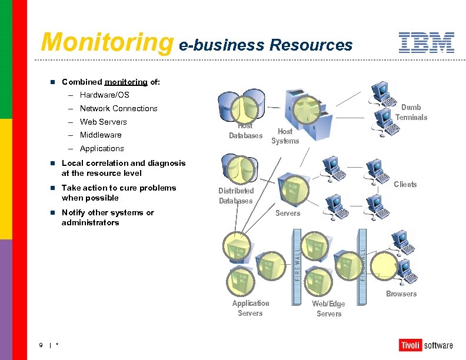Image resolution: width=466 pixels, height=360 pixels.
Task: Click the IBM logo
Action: (426, 42)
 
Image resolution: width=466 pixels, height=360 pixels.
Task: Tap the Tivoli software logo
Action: (426, 345)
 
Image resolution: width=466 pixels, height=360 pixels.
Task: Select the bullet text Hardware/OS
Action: (104, 95)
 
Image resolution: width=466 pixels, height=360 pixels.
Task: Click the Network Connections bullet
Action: (118, 108)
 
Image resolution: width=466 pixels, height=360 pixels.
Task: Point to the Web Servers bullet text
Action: (103, 122)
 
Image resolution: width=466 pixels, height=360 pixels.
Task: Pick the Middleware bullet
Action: (101, 135)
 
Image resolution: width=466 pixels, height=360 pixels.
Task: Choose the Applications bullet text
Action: (102, 148)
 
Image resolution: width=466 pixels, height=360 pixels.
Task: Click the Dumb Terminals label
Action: (411, 112)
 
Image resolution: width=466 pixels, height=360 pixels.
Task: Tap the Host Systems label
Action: (285, 136)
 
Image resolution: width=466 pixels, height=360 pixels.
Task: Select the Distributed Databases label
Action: (236, 195)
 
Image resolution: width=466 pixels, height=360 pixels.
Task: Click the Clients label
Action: (405, 184)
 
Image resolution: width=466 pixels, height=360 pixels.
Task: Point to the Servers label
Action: (288, 213)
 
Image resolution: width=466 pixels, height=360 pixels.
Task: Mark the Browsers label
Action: (401, 294)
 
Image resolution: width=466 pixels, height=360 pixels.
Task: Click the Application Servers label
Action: (250, 308)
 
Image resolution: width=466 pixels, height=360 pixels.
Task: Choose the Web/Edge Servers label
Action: (328, 308)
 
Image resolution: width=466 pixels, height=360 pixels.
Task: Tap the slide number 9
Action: (41, 345)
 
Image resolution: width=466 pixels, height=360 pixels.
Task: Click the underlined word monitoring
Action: (125, 82)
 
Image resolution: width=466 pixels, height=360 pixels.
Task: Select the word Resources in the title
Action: (311, 45)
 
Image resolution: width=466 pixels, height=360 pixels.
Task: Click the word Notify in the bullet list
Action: (74, 212)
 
